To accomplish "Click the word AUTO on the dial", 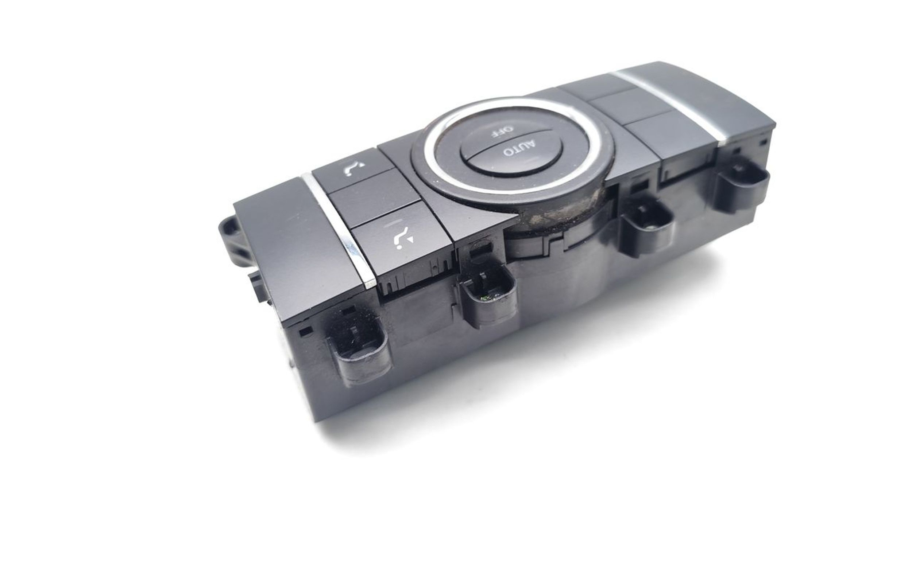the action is pos(520,149).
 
